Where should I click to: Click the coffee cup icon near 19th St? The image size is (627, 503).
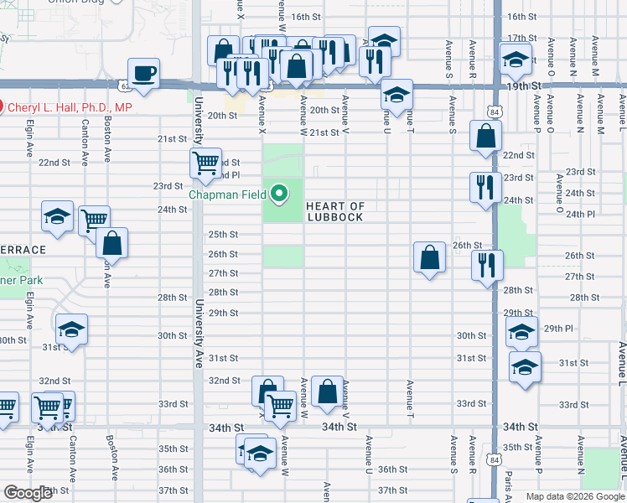(144, 72)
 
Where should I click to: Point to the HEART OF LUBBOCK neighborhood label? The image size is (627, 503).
(334, 211)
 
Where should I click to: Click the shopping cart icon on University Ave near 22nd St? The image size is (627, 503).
(205, 163)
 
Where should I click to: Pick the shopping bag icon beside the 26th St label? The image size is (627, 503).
(429, 257)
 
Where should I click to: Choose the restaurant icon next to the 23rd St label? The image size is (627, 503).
(484, 187)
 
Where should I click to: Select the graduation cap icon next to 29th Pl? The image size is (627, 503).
(521, 333)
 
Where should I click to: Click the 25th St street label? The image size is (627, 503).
(223, 235)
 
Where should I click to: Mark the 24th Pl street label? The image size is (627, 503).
(580, 214)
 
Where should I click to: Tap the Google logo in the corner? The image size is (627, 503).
(28, 493)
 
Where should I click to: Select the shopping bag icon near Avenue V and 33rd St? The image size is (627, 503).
(327, 391)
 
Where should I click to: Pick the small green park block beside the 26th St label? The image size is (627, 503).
(283, 256)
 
